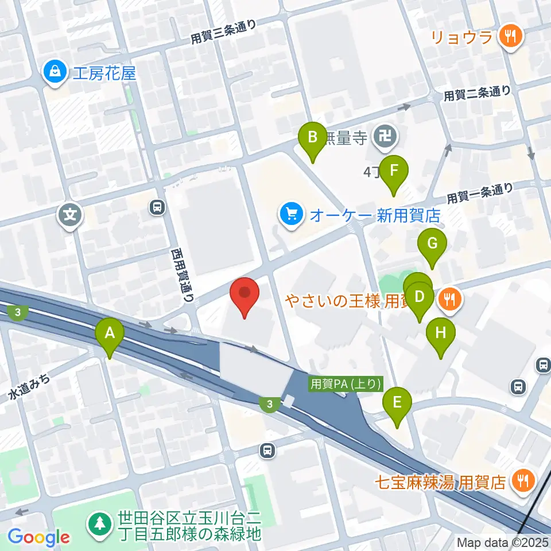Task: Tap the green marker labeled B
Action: coord(313,138)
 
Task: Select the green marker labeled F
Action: coord(394,171)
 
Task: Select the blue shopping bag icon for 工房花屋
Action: coord(55,73)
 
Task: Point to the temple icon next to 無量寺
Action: coord(382,137)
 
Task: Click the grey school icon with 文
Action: coord(70,216)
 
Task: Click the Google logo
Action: coord(39,537)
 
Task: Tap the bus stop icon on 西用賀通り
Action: coord(156,206)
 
